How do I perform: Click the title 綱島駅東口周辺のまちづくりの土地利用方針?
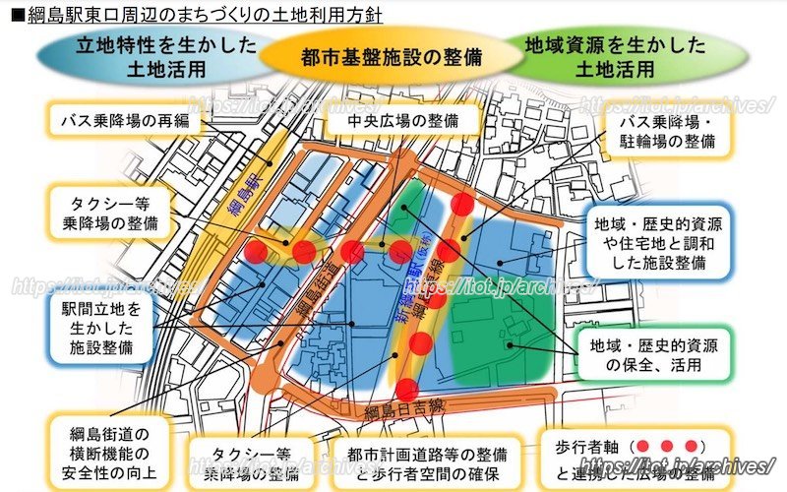pos(197,15)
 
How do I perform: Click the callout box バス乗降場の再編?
pos(124,122)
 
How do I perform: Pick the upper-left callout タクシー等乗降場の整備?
pos(106,207)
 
